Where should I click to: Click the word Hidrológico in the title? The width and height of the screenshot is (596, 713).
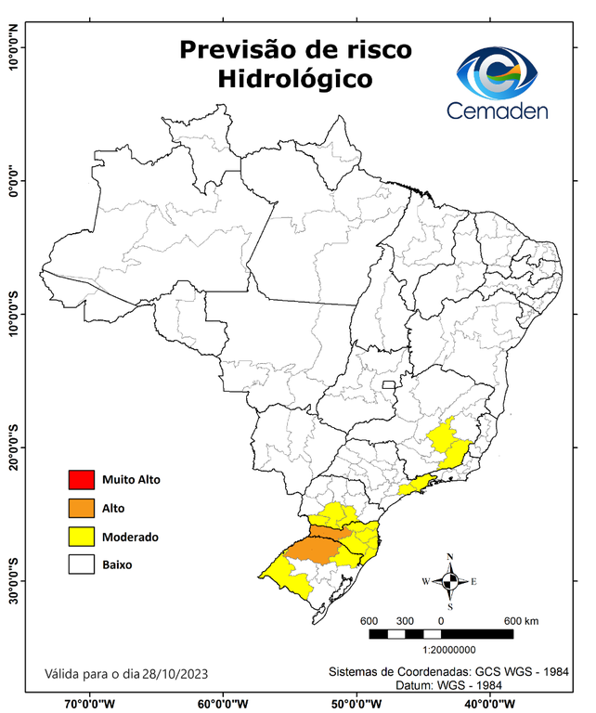coord(295,79)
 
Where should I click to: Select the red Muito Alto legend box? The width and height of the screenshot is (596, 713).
coord(81,480)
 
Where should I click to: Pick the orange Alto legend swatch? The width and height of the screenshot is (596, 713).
coord(81,508)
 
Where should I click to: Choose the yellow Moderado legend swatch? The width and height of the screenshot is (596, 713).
coord(81,537)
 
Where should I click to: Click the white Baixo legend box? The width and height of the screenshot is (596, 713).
coord(81,564)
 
